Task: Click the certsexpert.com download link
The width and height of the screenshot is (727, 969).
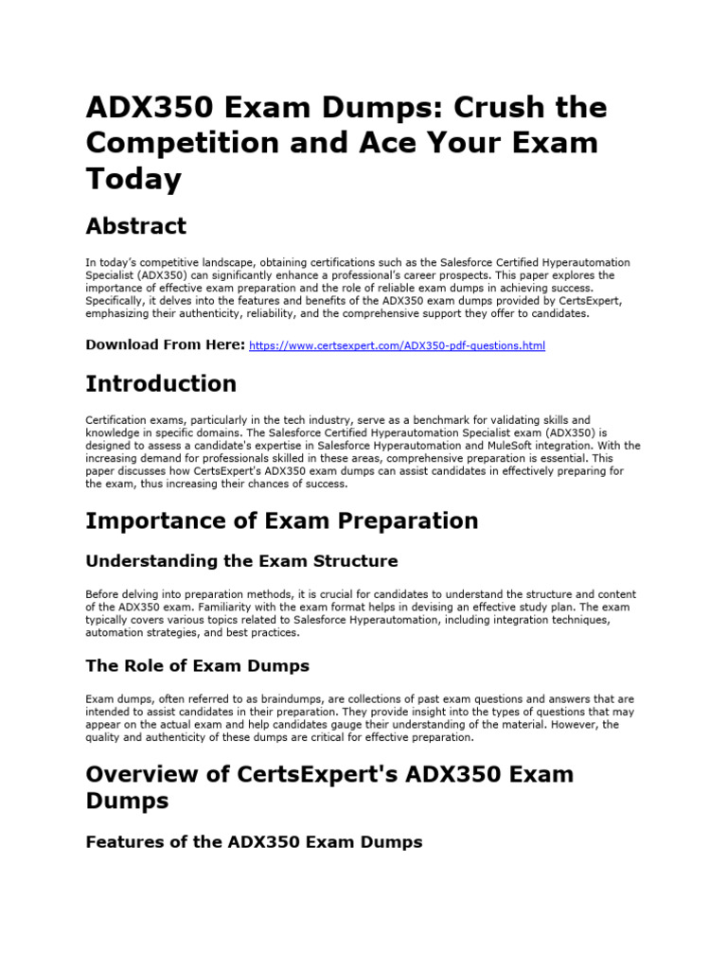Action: (397, 346)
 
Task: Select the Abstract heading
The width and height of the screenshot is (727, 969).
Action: (135, 226)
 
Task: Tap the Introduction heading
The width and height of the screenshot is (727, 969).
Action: (161, 383)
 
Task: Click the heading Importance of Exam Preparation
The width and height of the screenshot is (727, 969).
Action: (281, 520)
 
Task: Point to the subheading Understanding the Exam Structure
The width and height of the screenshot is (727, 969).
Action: (241, 561)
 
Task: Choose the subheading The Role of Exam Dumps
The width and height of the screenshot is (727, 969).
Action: (197, 665)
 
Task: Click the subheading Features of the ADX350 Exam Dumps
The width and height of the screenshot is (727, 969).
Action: (254, 841)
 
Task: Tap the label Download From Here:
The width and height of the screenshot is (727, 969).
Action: (165, 344)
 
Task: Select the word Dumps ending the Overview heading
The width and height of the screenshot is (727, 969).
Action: (127, 801)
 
